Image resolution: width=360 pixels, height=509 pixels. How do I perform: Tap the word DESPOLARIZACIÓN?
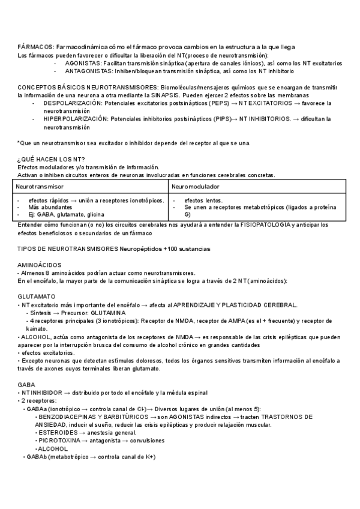[76, 103]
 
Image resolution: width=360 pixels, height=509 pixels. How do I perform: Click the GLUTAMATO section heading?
[37, 297]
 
